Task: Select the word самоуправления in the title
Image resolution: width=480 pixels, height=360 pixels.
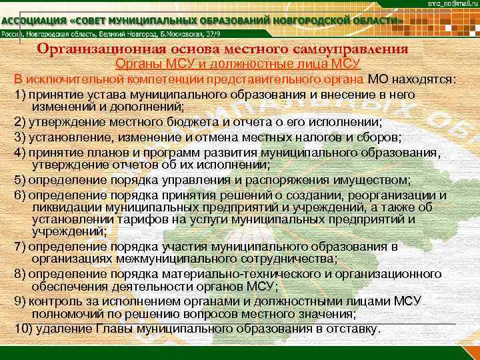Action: pos(353,49)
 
